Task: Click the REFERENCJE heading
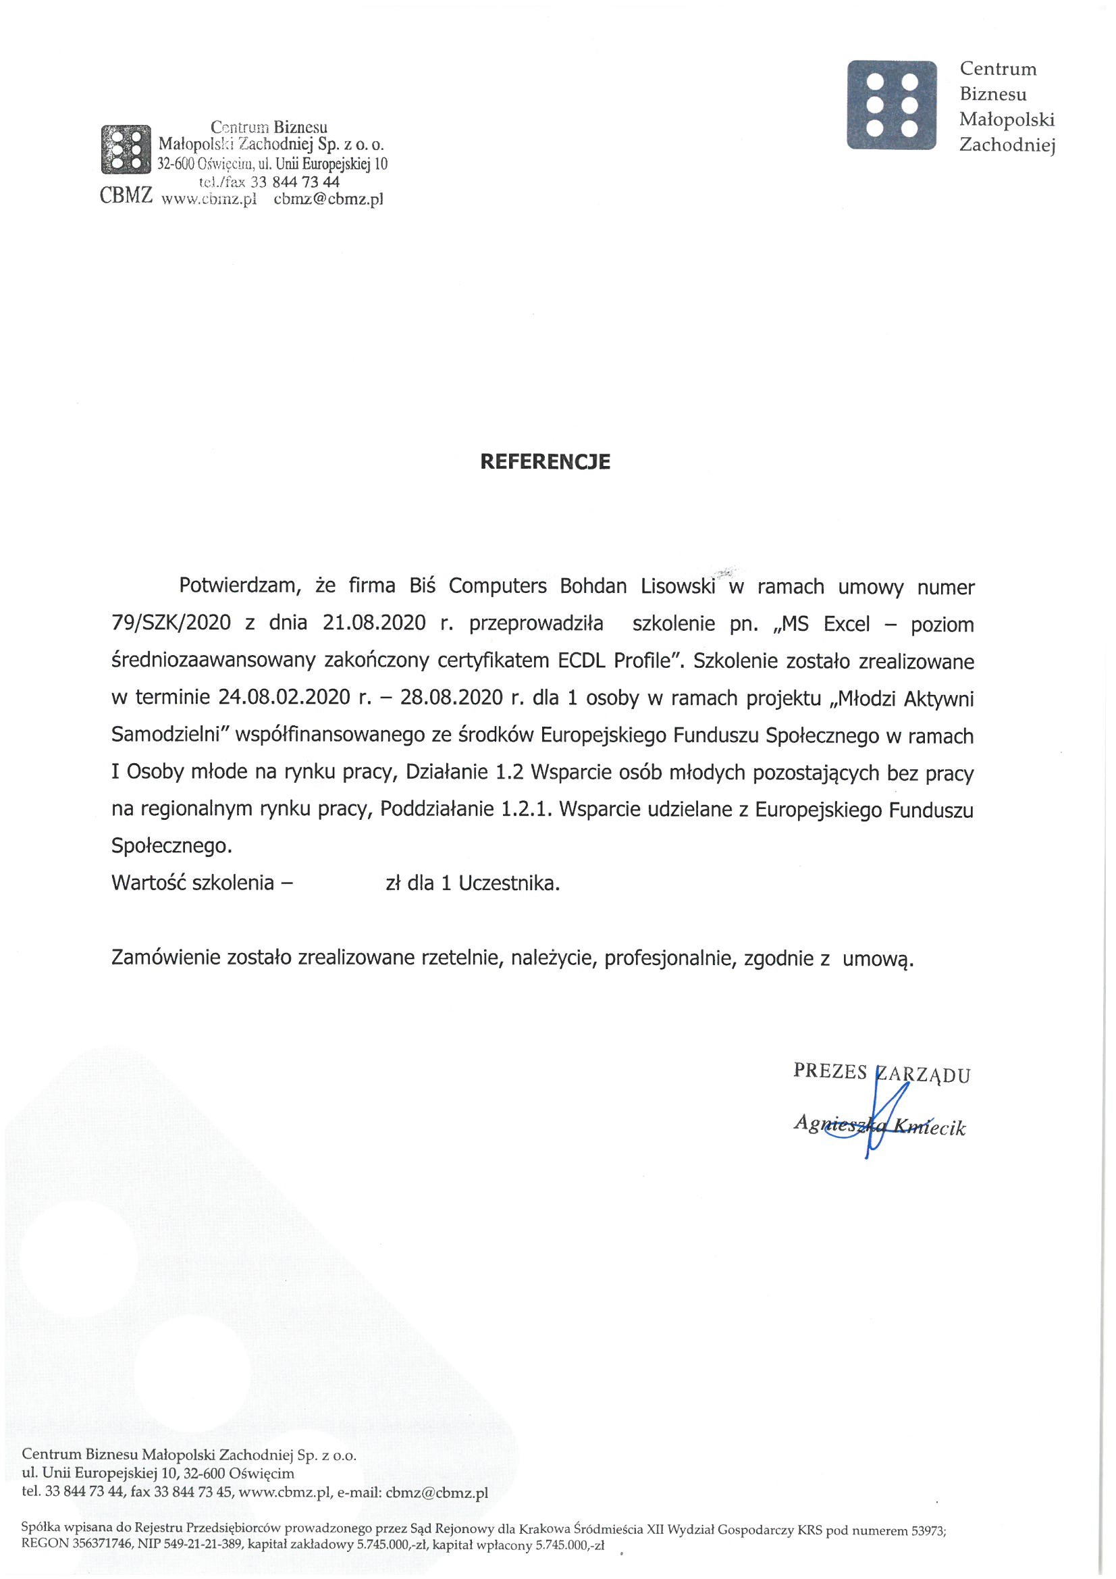coord(544,461)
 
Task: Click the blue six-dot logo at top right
coord(891,105)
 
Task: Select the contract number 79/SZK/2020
coord(171,625)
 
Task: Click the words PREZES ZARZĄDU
coord(882,1073)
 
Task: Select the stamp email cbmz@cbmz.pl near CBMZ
coord(328,200)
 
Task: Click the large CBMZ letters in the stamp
coord(126,197)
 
